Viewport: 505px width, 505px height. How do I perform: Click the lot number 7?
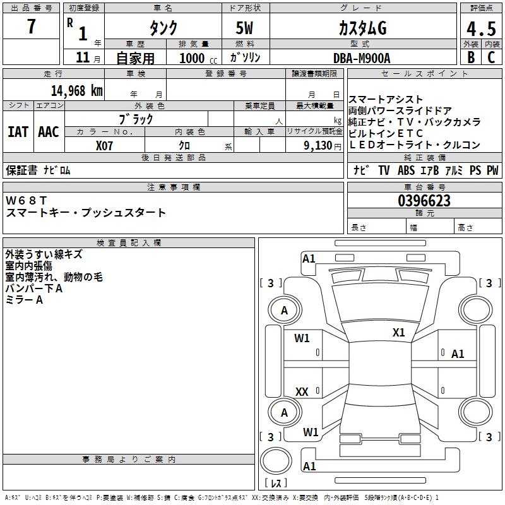tap(32, 27)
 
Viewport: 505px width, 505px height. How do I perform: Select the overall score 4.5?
tap(480, 28)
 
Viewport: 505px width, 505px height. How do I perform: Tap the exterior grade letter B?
tap(470, 57)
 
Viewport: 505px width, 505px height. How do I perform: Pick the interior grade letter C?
tap(491, 57)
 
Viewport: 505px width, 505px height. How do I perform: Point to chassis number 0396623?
tap(424, 201)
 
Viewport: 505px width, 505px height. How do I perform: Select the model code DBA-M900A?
tap(362, 58)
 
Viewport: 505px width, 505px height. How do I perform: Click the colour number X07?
tap(105, 145)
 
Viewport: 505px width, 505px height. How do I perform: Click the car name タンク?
tap(163, 28)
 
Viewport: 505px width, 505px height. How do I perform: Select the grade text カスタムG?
tap(362, 28)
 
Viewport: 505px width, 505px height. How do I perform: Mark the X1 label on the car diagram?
tap(398, 333)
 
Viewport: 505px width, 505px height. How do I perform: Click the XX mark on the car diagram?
tap(302, 392)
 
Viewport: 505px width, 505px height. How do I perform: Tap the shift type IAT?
tap(18, 131)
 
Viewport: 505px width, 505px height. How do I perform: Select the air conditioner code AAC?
tap(48, 131)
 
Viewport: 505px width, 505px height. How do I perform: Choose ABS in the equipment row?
tap(406, 170)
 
